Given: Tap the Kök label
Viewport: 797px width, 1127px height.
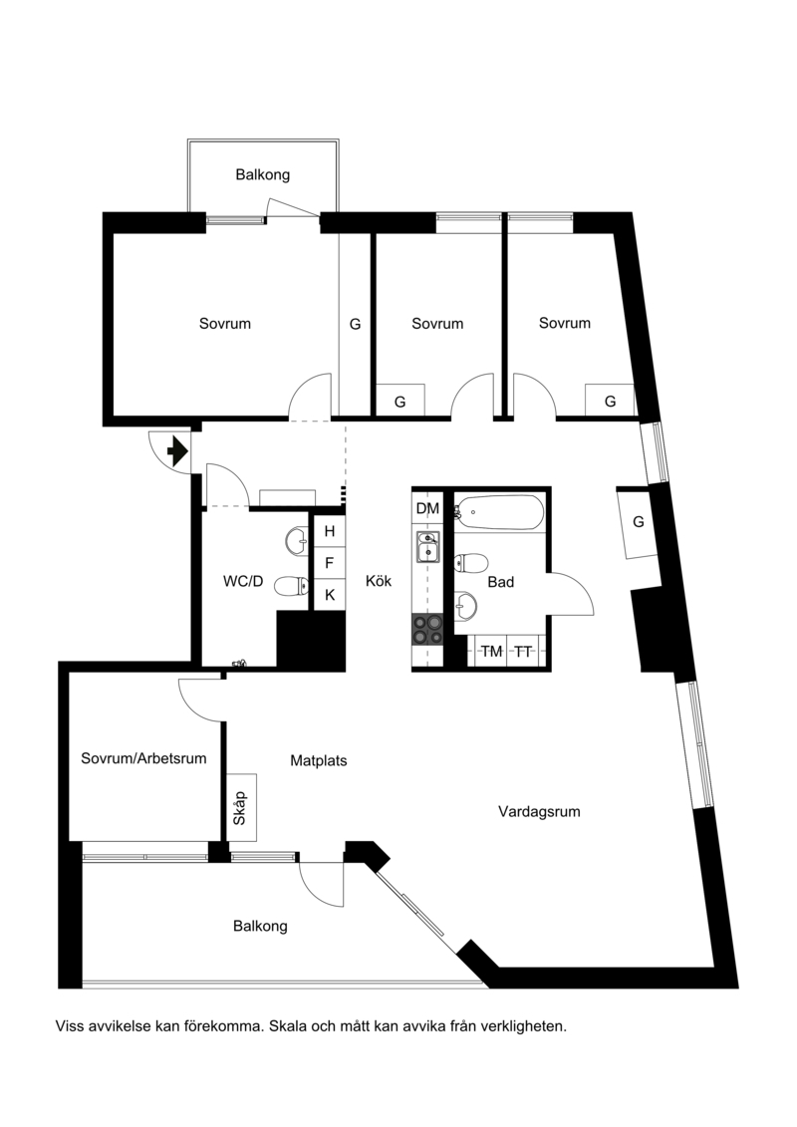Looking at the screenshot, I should (x=379, y=583).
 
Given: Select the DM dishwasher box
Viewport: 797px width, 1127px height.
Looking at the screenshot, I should (x=427, y=510).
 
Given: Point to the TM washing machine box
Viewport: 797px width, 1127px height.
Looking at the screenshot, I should (x=491, y=652).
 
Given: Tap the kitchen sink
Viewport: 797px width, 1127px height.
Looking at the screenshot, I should (x=428, y=547).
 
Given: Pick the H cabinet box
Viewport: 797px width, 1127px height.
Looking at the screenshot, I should (x=329, y=531).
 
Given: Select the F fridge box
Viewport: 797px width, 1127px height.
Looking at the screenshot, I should (x=329, y=563).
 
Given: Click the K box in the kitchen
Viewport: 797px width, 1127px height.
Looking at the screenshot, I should (x=329, y=595).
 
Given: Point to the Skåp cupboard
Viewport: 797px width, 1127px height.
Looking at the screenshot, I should (x=240, y=806).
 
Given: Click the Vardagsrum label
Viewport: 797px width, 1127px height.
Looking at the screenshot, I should (x=539, y=812).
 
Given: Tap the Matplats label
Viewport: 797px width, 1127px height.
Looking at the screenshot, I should (x=318, y=760).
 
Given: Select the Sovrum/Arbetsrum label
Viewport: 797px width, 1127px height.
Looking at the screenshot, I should (x=143, y=758).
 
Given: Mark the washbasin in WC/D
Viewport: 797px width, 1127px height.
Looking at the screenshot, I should (x=296, y=541).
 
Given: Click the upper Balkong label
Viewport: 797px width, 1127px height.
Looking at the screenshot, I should (x=262, y=175).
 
